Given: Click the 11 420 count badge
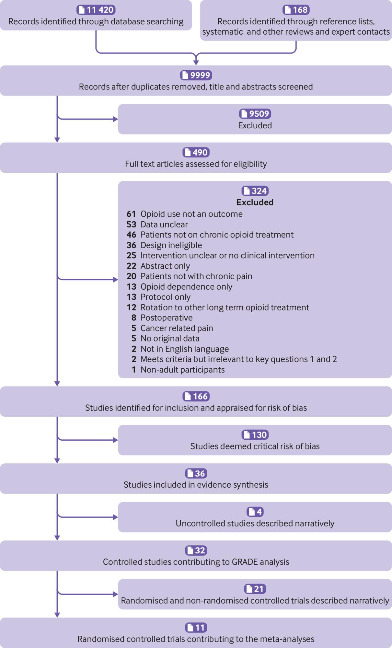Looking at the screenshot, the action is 96,10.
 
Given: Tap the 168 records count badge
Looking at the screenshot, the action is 296,10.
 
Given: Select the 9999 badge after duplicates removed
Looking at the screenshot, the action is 196,75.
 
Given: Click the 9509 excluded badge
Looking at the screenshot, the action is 255,114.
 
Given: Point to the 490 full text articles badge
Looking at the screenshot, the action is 196,152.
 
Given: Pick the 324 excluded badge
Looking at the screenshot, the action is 255,191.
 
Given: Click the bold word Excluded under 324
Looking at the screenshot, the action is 255,202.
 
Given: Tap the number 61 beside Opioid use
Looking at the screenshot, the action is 131,214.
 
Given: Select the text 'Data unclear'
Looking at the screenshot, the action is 164,225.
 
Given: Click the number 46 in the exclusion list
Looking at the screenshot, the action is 131,235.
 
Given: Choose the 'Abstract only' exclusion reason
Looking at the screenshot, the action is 165,266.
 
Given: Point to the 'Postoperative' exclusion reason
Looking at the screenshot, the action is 167,318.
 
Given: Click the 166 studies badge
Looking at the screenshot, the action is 196,396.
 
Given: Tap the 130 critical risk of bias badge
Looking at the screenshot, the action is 255,435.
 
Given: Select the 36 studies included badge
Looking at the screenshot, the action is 196,473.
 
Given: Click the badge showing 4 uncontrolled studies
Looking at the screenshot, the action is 255,512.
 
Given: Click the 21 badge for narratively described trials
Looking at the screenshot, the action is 255,589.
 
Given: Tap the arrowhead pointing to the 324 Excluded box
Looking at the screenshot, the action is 116,280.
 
